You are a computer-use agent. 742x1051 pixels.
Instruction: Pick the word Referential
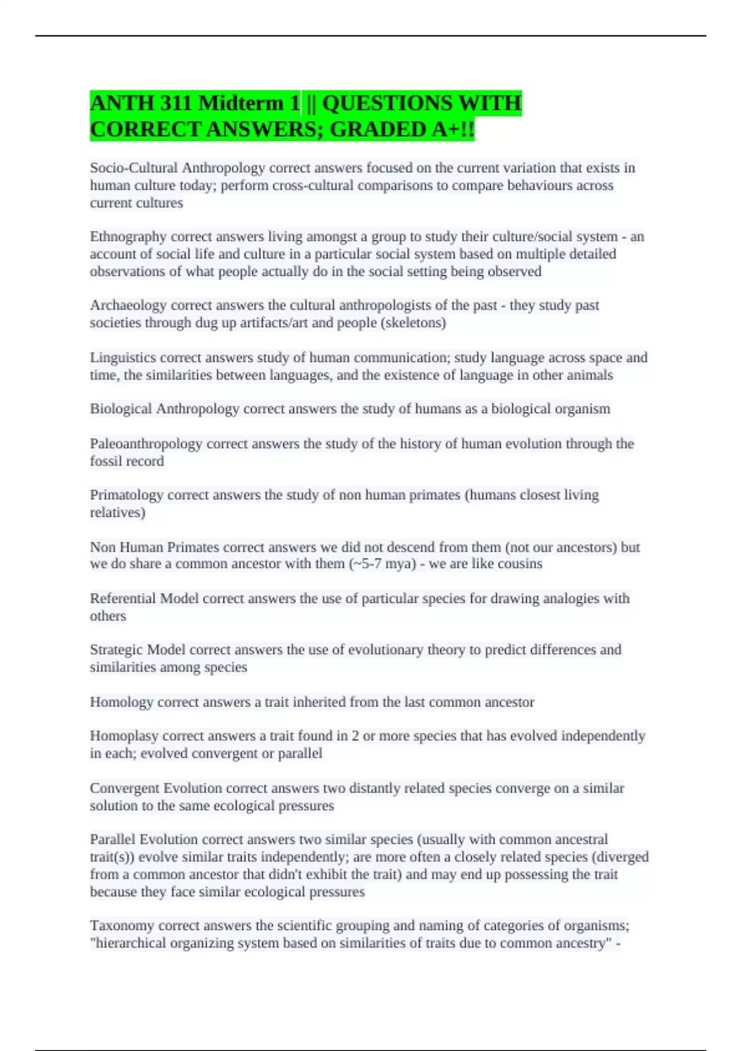(x=123, y=598)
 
